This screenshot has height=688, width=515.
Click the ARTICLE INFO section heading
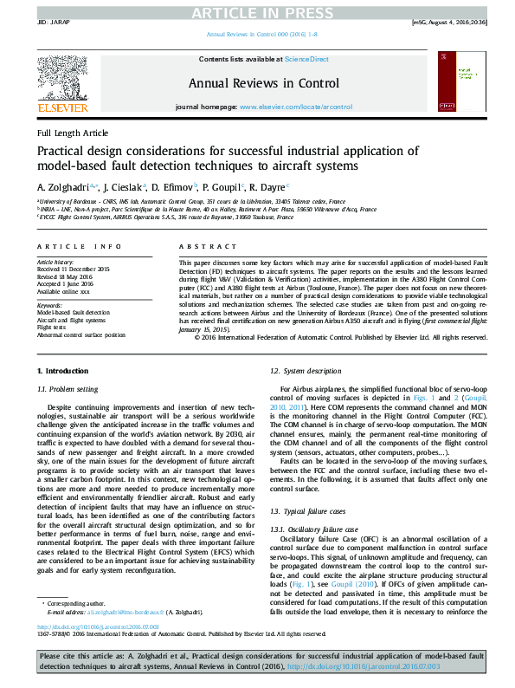tap(77, 247)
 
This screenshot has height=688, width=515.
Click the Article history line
tap(55, 262)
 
